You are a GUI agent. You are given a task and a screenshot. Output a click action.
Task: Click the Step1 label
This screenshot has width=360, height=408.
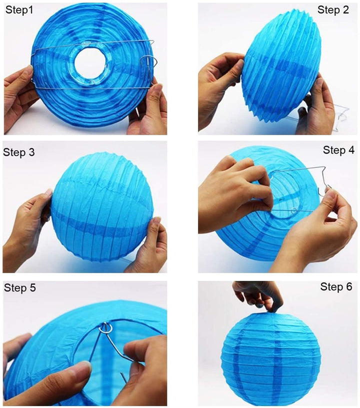click(19, 10)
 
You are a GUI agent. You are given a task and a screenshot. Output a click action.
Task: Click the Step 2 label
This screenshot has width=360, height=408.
click(333, 10)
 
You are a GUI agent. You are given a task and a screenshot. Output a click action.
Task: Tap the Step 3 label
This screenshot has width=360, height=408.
click(18, 152)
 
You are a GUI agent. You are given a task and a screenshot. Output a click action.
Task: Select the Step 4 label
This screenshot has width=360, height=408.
click(338, 150)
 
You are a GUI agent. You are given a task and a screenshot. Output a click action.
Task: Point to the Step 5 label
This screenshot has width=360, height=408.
click(20, 288)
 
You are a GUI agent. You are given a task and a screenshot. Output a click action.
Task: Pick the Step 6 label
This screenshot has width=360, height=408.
click(336, 287)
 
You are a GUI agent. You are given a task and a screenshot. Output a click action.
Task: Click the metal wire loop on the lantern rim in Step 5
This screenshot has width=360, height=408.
click(106, 328)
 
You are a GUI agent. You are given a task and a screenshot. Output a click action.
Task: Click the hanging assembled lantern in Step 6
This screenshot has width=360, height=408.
click(271, 358)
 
